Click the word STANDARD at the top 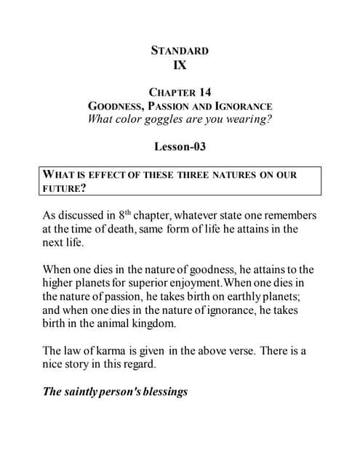point(180,50)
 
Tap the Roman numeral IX point(180,65)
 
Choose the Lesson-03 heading point(180,146)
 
